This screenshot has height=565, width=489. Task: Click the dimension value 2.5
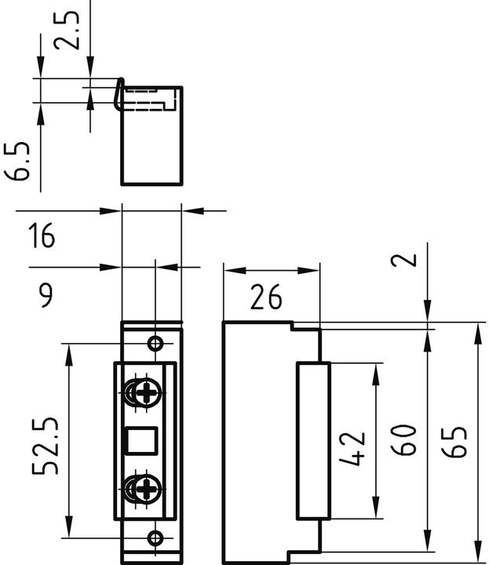pyautogui.click(x=70, y=29)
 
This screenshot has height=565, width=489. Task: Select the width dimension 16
pyautogui.click(x=42, y=235)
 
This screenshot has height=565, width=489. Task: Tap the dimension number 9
pyautogui.click(x=46, y=296)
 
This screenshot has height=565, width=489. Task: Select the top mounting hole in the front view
pyautogui.click(x=156, y=344)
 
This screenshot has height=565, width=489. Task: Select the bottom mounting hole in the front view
pyautogui.click(x=156, y=538)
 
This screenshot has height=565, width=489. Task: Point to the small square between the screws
pyautogui.click(x=144, y=441)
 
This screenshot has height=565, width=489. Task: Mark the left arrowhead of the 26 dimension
pyautogui.click(x=230, y=269)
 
